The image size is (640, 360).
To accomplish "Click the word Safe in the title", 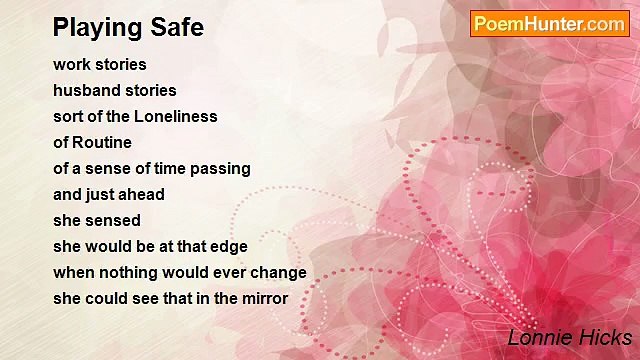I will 178,27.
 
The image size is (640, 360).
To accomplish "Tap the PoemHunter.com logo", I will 549,24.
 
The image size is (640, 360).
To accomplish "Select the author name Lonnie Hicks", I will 569,337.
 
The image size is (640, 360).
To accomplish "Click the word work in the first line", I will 71,64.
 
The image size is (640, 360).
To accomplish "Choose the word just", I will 100,194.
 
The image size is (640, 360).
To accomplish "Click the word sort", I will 69,116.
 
